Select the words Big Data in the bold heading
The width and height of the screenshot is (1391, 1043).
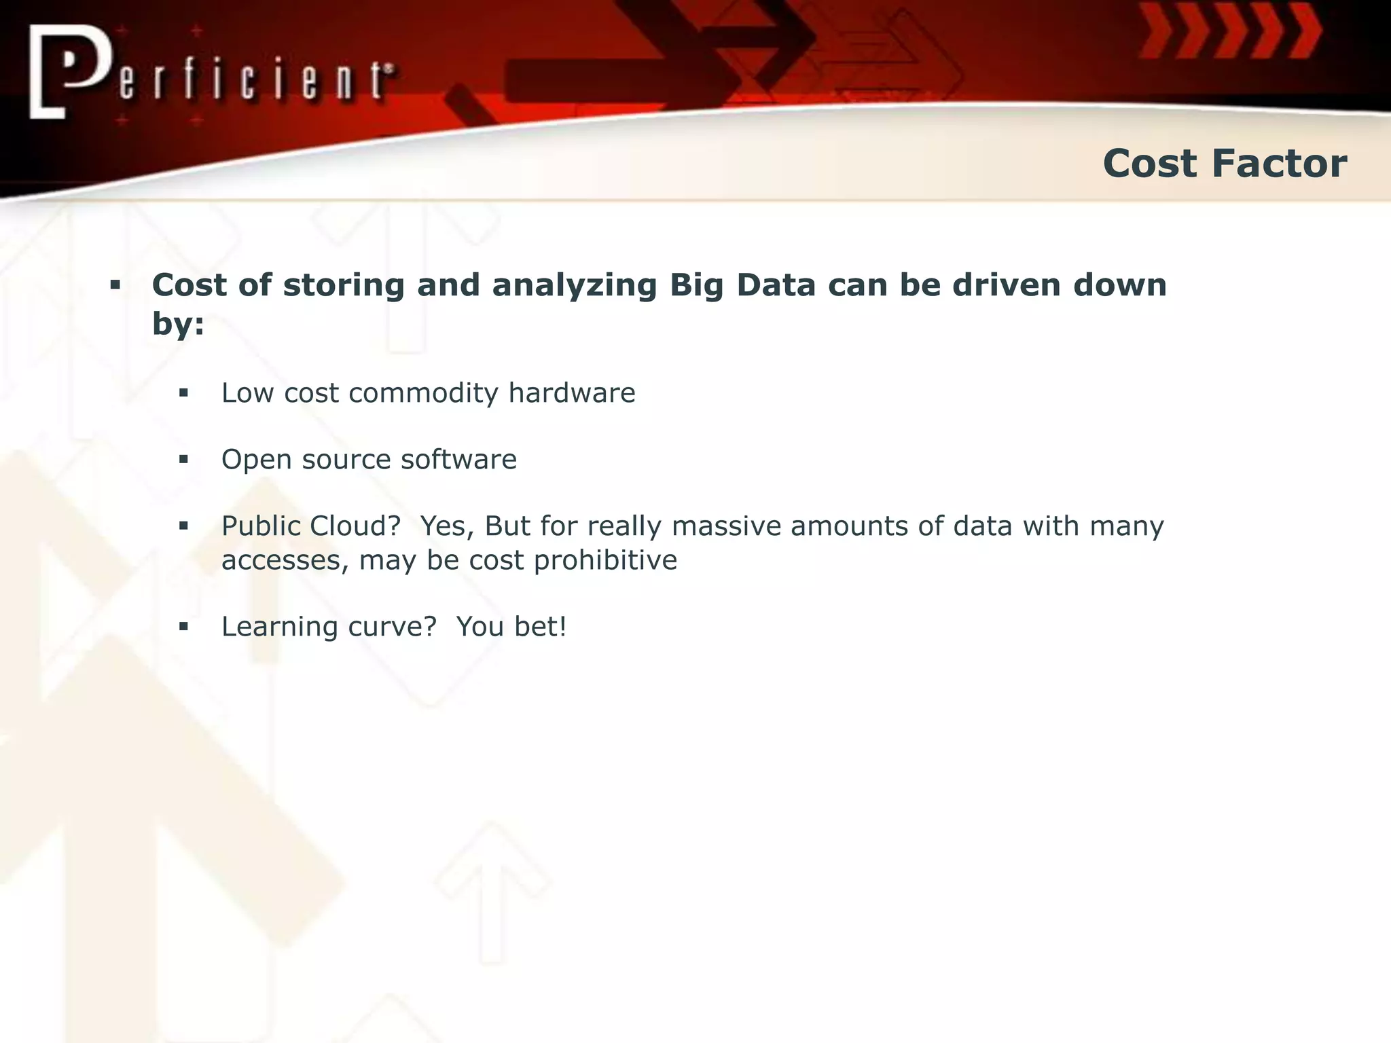tap(742, 285)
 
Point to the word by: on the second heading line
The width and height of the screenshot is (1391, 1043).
tap(178, 324)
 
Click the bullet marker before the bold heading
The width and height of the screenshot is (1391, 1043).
tap(115, 285)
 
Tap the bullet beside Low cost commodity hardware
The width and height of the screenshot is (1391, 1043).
tap(183, 393)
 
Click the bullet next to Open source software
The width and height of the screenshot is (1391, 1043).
tap(183, 460)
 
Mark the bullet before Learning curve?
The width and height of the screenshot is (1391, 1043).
tap(183, 627)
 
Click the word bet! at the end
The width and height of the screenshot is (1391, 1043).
tap(540, 627)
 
